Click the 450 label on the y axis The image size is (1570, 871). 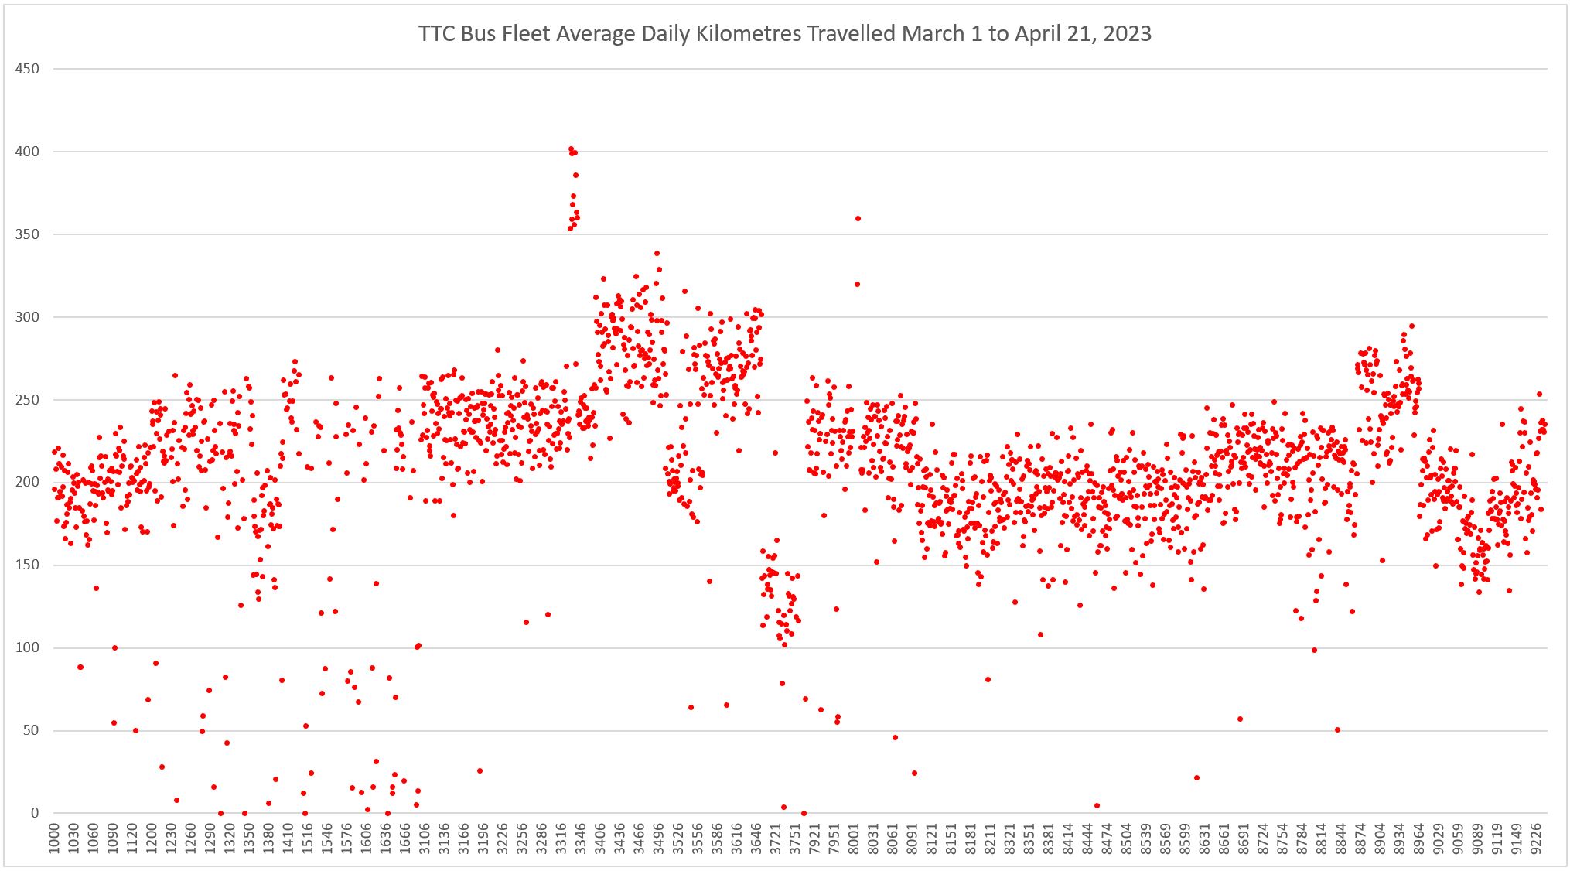[x=27, y=69]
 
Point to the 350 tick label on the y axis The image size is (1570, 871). [x=27, y=234]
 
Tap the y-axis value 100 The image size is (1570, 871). [x=27, y=648]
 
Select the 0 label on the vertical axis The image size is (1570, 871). [x=34, y=814]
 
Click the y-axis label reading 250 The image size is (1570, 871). [x=27, y=400]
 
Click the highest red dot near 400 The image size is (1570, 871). [x=571, y=149]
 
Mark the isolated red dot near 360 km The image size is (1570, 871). [x=858, y=218]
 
